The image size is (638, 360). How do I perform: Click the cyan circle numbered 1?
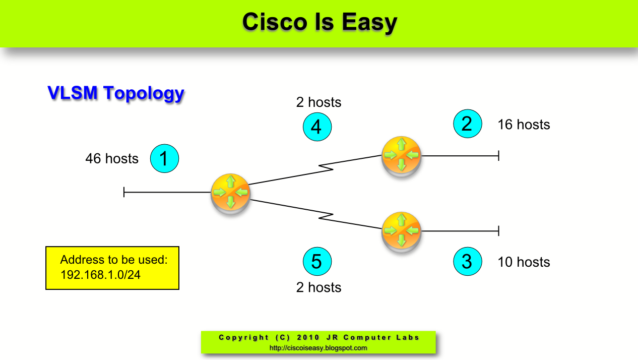[x=165, y=159]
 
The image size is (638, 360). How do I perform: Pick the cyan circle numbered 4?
[x=317, y=127]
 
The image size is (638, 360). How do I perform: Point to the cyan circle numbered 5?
[x=317, y=261]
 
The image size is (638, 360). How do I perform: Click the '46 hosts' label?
[x=112, y=159]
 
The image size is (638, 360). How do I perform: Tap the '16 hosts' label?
[x=524, y=125]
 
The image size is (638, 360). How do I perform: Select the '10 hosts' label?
[x=524, y=262]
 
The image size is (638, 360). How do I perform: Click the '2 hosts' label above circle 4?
[x=318, y=102]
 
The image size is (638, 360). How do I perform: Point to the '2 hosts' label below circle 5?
[x=318, y=287]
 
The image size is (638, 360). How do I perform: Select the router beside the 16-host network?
[x=401, y=155]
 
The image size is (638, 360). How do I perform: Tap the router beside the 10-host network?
[x=401, y=231]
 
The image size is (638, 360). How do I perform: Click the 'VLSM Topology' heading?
[x=116, y=93]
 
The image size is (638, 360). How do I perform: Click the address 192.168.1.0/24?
[x=100, y=275]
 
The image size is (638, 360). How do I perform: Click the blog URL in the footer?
[x=318, y=348]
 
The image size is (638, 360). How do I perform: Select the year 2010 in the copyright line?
[x=308, y=337]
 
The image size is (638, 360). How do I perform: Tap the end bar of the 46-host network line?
[x=124, y=192]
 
